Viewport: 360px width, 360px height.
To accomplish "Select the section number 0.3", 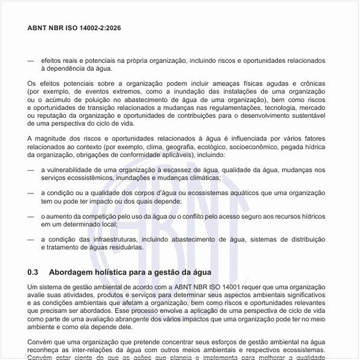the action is pyautogui.click(x=33, y=272).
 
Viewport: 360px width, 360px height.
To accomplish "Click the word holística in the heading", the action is pyautogui.click(x=113, y=272).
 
